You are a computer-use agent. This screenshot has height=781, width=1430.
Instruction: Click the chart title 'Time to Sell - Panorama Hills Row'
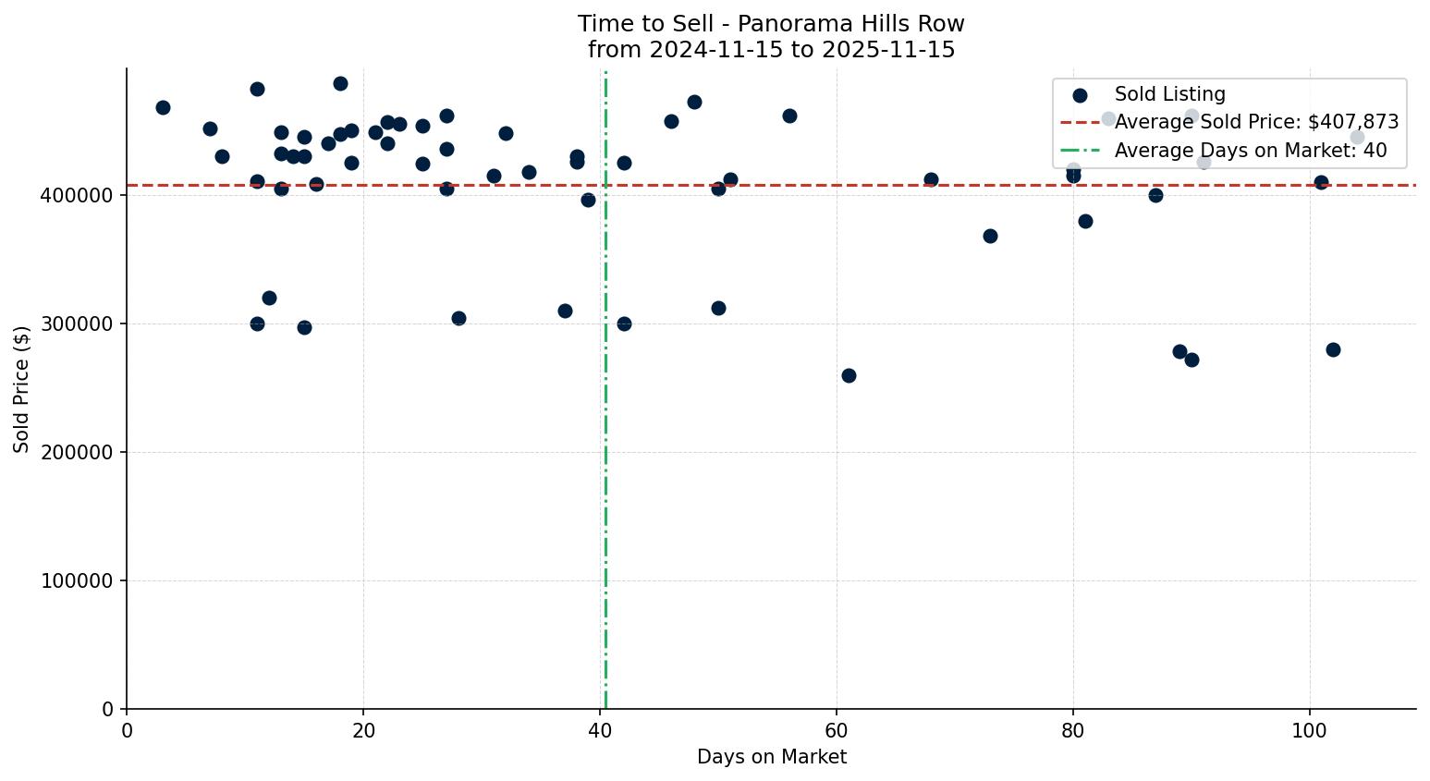[x=771, y=24]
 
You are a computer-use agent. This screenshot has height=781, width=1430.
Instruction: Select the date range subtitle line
[x=771, y=50]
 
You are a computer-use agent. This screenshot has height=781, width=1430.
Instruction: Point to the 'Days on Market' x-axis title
[x=771, y=757]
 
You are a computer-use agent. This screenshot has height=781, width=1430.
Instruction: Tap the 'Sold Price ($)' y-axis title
[x=22, y=389]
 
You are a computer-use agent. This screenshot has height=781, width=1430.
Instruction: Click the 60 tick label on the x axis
[x=837, y=729]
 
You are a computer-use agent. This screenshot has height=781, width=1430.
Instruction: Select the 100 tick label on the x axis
[x=1309, y=729]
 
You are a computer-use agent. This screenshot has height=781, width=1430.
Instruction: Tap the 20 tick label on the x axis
[x=363, y=729]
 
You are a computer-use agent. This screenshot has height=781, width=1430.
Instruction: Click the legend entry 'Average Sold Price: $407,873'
[x=1256, y=122]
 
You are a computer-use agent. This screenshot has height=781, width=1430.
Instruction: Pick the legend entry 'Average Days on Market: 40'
[x=1250, y=151]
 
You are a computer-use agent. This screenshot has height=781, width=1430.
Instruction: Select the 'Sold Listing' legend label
[x=1169, y=94]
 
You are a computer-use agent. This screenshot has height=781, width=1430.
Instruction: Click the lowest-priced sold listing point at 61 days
[x=849, y=375]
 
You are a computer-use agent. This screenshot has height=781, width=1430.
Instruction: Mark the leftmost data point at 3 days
[x=163, y=107]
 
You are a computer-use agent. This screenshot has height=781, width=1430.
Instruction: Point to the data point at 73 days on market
[x=990, y=236]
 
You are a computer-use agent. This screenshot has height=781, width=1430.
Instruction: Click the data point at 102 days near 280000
[x=1333, y=349]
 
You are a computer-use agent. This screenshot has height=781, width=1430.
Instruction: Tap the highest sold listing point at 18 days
[x=340, y=83]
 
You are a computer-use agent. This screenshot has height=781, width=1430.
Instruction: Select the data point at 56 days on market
[x=789, y=116]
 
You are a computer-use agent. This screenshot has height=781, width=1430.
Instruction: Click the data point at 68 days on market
[x=931, y=179]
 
